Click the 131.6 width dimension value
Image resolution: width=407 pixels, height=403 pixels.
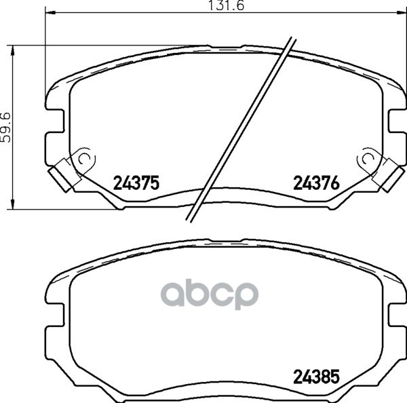click(227, 5)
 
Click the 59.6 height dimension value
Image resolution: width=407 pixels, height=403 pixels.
click(5, 128)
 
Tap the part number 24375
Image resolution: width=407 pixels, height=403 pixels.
click(136, 183)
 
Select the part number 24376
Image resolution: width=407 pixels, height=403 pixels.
click(316, 183)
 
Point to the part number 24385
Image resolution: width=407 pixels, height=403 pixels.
click(316, 377)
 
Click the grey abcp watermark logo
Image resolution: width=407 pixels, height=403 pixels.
click(210, 294)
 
